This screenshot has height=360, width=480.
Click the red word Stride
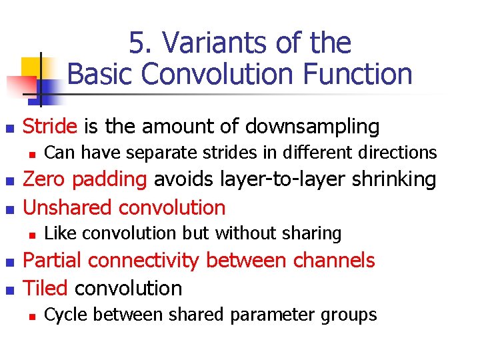point(51,126)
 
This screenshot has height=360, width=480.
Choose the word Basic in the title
point(101,73)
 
